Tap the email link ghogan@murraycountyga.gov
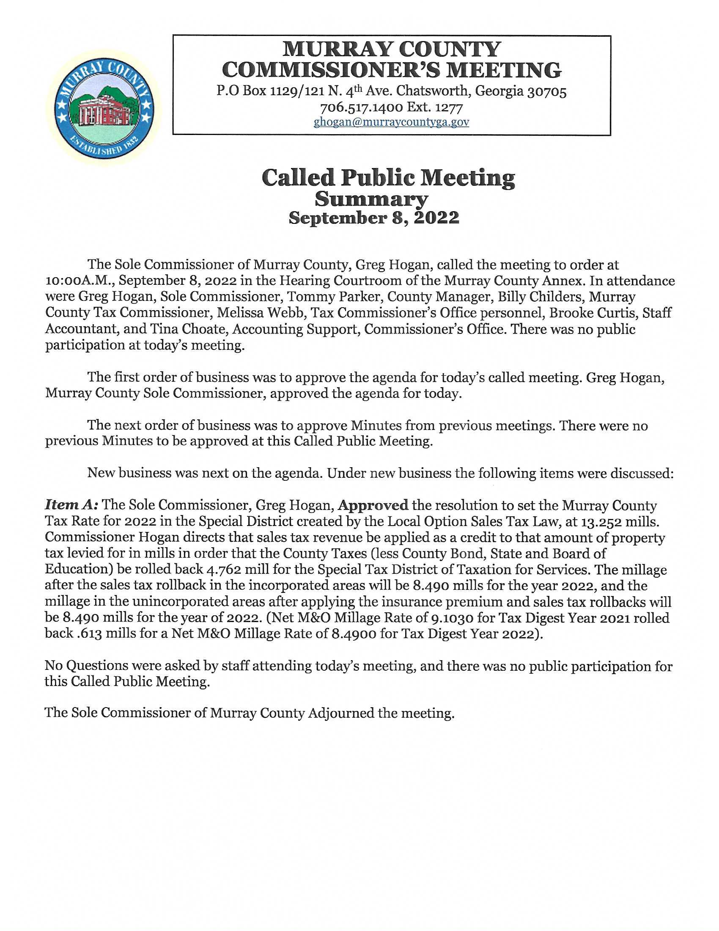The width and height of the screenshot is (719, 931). (x=391, y=122)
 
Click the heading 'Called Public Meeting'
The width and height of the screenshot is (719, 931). (x=388, y=178)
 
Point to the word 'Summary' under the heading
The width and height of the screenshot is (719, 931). (x=371, y=199)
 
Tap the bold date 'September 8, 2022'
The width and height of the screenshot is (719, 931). (x=373, y=218)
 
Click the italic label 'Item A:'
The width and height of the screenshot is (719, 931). (x=71, y=506)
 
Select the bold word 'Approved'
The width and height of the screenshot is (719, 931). (x=373, y=506)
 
